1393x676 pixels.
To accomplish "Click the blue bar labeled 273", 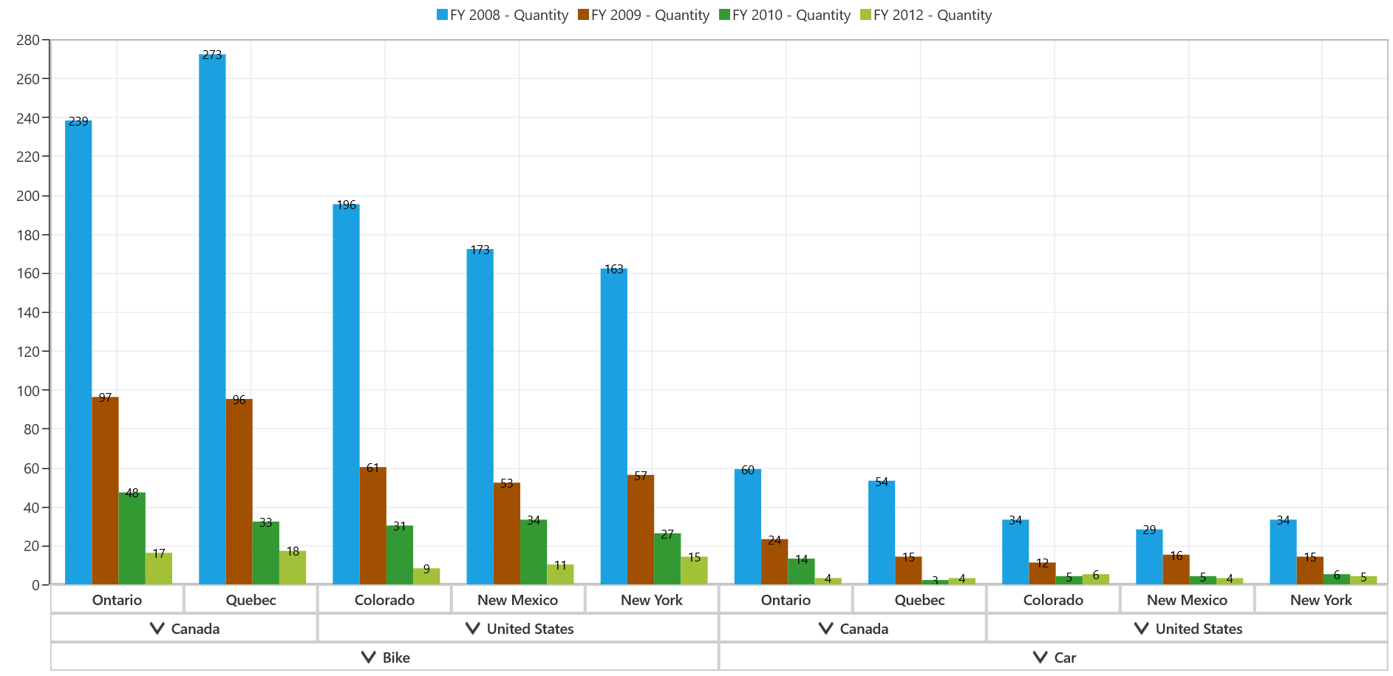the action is tap(212, 319).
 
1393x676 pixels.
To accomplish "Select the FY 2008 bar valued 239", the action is tap(78, 352).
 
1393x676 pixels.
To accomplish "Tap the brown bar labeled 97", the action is tap(105, 491).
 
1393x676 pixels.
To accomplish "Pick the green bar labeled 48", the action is tap(132, 539).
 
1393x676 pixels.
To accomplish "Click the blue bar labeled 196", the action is tap(346, 395).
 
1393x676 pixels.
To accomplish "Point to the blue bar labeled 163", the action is tap(614, 426).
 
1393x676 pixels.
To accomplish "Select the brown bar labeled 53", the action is tap(507, 533).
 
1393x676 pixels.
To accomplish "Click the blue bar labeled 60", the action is tap(748, 527).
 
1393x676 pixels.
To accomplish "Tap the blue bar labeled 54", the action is tap(882, 533).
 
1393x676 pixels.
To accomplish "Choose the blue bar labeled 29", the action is tap(1149, 557).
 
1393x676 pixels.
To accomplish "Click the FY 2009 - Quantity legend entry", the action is tap(644, 15).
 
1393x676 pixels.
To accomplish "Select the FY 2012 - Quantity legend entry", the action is tap(926, 15).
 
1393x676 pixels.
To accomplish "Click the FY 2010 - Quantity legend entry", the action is tap(785, 15).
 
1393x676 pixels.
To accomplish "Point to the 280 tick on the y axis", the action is tap(28, 40).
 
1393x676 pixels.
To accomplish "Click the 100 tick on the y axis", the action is tap(28, 390).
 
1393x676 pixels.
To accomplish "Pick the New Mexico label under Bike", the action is tap(517, 600).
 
